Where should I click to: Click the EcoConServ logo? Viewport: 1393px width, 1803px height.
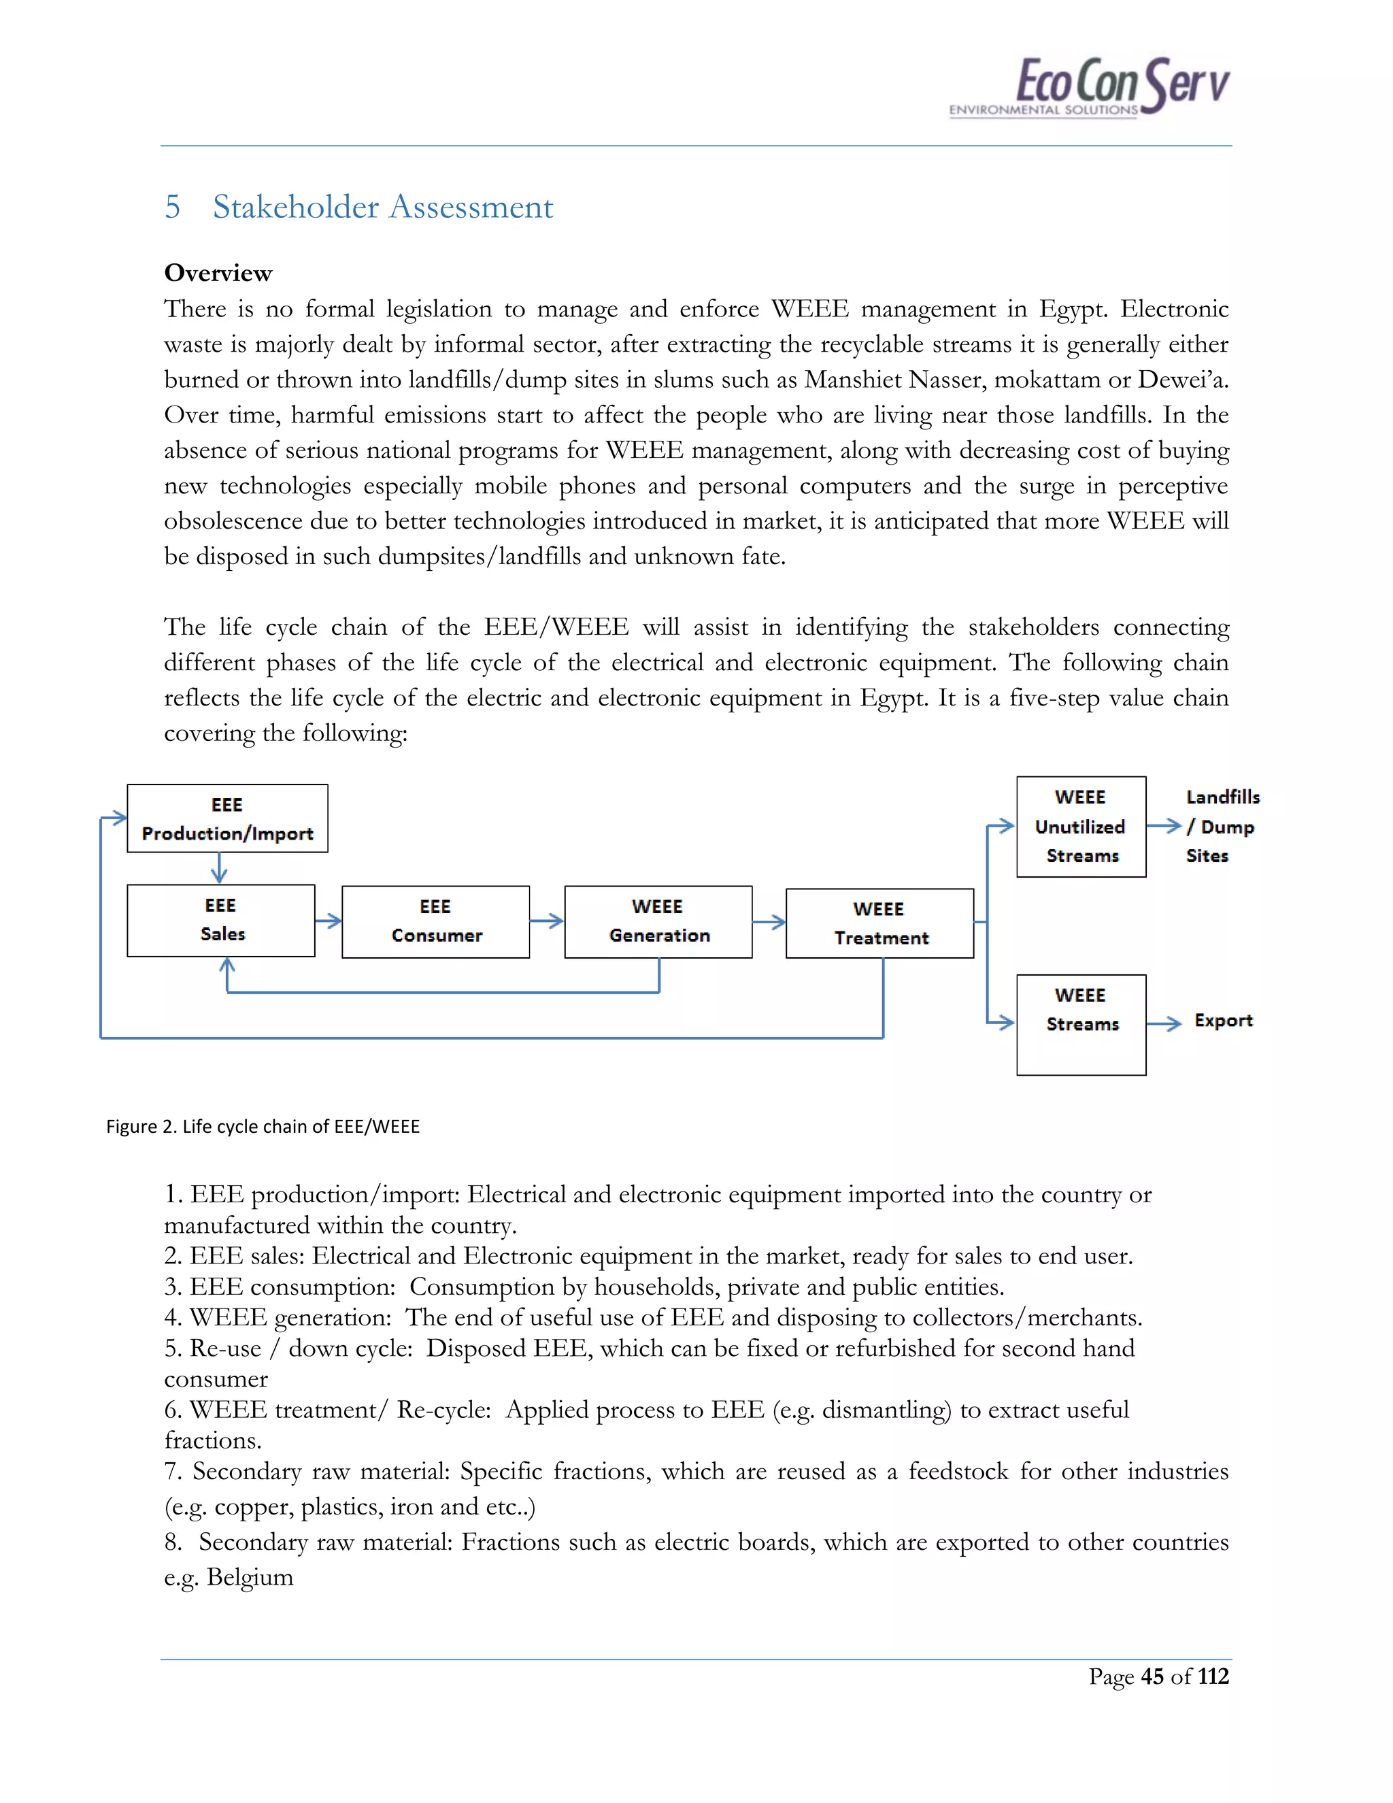[1090, 86]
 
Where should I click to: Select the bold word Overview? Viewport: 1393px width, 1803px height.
[218, 274]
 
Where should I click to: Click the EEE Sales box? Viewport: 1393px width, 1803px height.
[221, 920]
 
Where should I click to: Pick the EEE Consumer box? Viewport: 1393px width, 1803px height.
[436, 921]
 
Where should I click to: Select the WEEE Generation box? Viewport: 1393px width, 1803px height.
[658, 921]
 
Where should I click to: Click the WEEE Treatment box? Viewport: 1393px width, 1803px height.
[879, 923]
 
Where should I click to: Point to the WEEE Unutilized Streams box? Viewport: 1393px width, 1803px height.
[1081, 827]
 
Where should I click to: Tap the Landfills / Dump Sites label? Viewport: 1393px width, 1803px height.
[1222, 827]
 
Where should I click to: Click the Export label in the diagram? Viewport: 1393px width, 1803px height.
[1223, 1021]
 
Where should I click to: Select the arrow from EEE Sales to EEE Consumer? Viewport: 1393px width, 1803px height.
[329, 921]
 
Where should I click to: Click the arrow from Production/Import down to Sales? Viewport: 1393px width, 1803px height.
[219, 867]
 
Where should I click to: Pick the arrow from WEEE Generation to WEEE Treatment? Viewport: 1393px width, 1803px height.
[769, 922]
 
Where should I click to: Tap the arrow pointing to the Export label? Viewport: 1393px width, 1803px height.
[1164, 1024]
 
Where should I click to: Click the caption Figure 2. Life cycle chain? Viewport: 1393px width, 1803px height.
[263, 1126]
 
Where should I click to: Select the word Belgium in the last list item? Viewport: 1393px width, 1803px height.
[250, 1577]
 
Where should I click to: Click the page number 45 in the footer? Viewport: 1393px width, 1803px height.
[1152, 1676]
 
